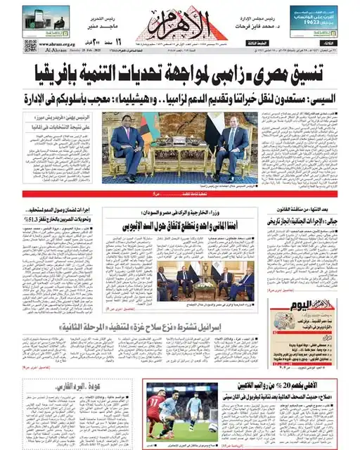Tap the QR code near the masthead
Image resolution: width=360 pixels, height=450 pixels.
click(30, 46)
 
